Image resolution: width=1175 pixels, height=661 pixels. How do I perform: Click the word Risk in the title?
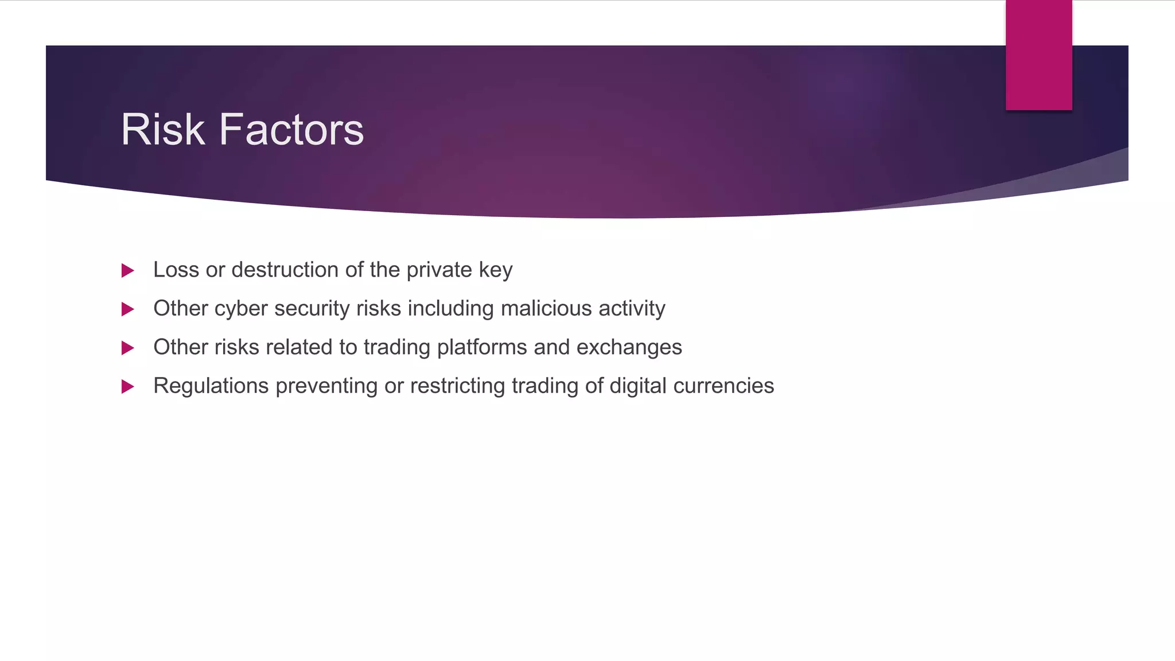(162, 130)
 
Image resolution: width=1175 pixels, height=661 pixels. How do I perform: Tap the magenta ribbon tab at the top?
(1038, 55)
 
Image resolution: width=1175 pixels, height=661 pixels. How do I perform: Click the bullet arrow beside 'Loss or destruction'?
(128, 270)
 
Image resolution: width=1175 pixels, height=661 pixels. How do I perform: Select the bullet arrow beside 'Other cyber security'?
(128, 309)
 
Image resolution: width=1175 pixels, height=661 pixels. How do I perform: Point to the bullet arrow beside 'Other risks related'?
(128, 348)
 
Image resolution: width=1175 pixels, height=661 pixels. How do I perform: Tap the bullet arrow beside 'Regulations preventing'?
(128, 386)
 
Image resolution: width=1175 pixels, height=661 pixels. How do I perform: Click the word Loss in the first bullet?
(176, 270)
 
